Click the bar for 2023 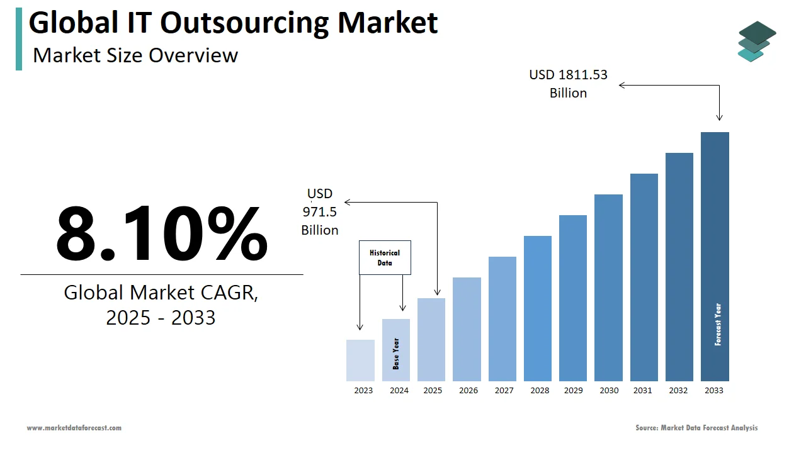tap(360, 361)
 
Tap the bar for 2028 tap(537, 308)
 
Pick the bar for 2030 tap(608, 288)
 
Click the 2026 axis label tap(468, 391)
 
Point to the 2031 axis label tap(643, 391)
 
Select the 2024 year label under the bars tap(399, 391)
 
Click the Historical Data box tap(385, 257)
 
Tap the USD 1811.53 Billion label tap(568, 84)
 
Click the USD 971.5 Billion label tap(320, 212)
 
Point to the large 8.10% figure tap(162, 232)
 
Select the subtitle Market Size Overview tap(135, 55)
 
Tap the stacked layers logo tap(757, 41)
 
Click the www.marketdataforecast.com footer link tap(74, 428)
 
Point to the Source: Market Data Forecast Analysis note tap(696, 428)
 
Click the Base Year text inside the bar tap(396, 354)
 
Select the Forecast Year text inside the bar tap(718, 325)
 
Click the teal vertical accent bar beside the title tap(19, 39)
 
